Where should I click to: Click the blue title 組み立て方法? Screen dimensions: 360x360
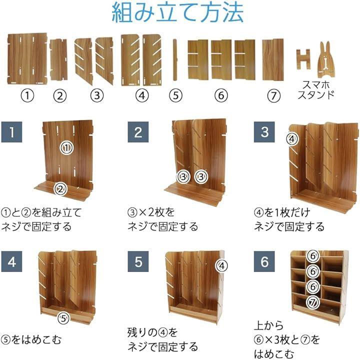(177, 12)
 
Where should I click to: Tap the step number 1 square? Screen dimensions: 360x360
(11, 132)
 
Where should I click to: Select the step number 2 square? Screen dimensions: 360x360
(138, 132)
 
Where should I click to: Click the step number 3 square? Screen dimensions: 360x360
(264, 132)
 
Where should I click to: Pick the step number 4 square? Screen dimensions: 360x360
(11, 261)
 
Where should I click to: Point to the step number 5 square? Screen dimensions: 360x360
(138, 261)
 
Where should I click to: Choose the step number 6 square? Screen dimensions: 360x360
(264, 261)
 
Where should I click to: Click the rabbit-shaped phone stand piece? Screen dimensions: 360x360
(326, 60)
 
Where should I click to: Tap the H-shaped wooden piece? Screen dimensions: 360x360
(303, 59)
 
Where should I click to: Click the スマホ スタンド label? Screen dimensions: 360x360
(316, 90)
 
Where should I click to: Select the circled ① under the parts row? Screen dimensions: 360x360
(27, 95)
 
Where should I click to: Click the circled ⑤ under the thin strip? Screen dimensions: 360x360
(175, 95)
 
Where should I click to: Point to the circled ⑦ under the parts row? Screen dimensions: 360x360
(273, 95)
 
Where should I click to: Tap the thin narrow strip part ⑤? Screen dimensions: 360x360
(175, 59)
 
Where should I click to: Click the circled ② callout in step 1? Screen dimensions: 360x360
(60, 189)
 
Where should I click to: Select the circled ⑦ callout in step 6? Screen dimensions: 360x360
(313, 302)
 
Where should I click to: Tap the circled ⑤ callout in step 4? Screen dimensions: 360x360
(63, 318)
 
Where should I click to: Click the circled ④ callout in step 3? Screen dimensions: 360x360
(292, 139)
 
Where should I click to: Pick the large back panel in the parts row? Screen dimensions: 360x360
(27, 59)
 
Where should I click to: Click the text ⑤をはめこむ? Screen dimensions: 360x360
(31, 340)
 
